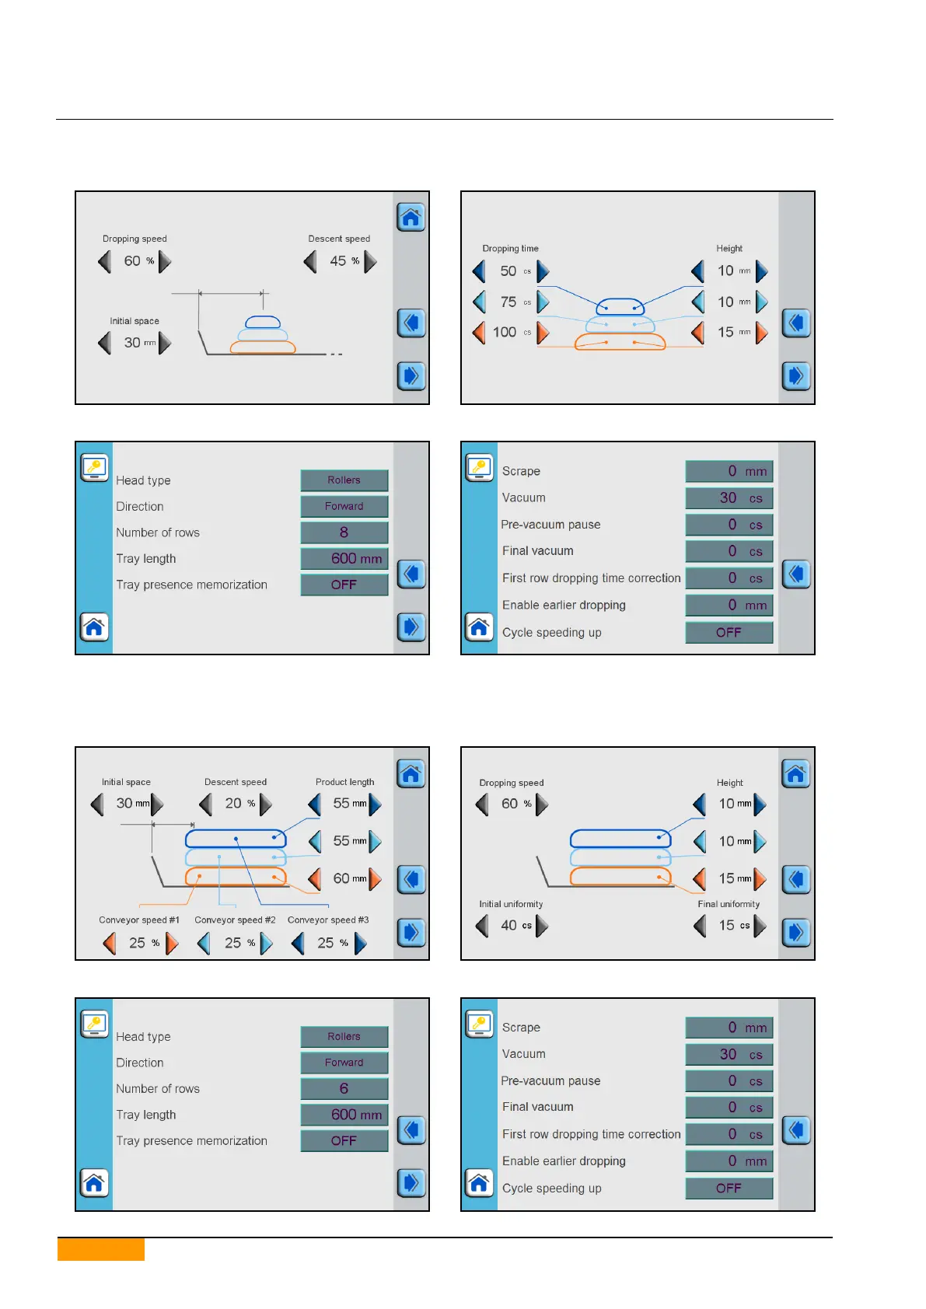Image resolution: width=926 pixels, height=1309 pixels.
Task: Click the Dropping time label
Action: (x=510, y=249)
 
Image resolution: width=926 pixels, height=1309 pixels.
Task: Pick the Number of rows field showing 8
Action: (x=344, y=532)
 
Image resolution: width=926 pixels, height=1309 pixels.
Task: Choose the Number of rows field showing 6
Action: (x=344, y=1088)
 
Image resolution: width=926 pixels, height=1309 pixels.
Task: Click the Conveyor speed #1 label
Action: (x=139, y=920)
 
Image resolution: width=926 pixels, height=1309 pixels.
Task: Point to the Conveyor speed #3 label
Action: (x=328, y=920)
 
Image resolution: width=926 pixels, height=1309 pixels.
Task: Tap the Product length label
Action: (x=344, y=782)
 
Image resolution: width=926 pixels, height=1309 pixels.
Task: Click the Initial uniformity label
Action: (x=511, y=904)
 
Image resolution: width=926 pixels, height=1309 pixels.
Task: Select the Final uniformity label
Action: (x=729, y=904)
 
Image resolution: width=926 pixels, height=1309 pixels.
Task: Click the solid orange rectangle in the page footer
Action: (x=101, y=1249)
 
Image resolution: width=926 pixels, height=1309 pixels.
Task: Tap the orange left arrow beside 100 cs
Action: (x=479, y=333)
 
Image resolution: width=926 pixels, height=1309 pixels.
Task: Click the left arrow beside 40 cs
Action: (x=483, y=926)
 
